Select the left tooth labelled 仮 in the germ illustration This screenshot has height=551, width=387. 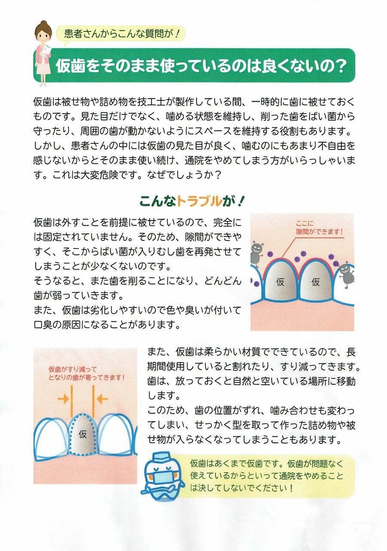point(280,282)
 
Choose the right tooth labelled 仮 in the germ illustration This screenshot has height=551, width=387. point(316,282)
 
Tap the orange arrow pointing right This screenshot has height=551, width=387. point(63,399)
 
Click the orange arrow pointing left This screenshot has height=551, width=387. point(102,399)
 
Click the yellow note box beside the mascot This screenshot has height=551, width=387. point(267,476)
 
